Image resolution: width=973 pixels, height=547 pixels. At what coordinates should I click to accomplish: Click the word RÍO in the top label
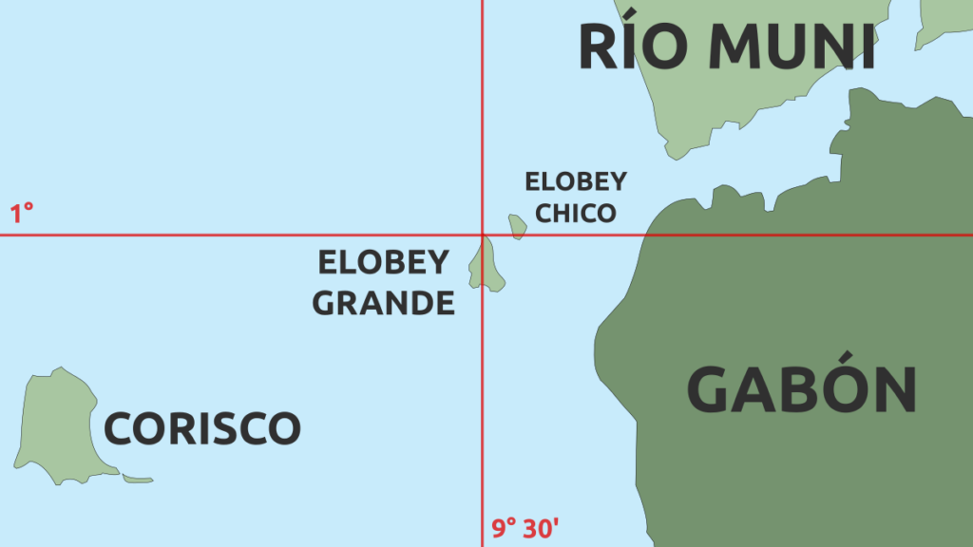tap(630, 47)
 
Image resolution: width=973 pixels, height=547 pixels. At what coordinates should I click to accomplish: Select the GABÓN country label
tap(801, 389)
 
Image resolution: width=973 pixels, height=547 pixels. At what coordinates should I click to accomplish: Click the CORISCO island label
tap(201, 429)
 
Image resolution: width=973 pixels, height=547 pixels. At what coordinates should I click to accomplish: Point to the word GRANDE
tap(384, 303)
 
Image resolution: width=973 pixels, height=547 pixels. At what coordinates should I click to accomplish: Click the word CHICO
tap(576, 214)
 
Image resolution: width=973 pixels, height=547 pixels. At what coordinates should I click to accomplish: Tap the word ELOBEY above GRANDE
tap(383, 262)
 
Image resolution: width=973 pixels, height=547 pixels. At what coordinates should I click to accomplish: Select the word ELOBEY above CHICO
tap(576, 181)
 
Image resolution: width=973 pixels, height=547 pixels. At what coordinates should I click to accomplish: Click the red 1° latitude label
tap(22, 214)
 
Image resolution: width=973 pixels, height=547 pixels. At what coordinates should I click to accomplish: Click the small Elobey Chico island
tap(517, 226)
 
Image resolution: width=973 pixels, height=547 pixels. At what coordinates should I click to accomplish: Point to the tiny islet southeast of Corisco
tap(138, 479)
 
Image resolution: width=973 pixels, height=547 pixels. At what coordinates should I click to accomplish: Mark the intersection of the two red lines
tap(483, 235)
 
